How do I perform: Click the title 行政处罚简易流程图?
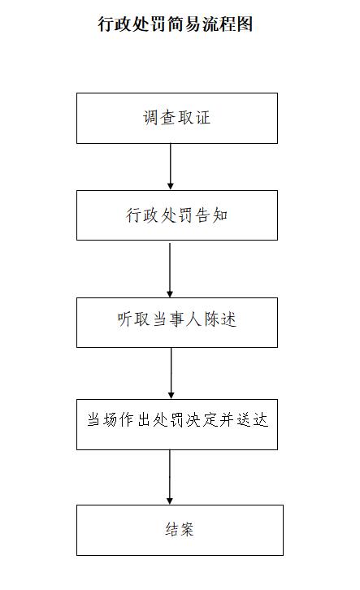(x=176, y=24)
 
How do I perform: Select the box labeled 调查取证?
(x=177, y=118)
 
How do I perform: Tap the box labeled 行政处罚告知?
(x=177, y=215)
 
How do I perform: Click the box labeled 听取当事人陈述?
(x=177, y=323)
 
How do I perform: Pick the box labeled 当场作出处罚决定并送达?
(x=177, y=424)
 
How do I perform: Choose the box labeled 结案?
(x=180, y=530)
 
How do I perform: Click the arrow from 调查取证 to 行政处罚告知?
(x=171, y=167)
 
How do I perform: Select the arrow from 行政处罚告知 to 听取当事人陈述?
(x=170, y=270)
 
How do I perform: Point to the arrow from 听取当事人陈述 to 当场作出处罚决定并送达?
(x=171, y=373)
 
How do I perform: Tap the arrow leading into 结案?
(x=170, y=477)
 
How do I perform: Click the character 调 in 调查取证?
(x=150, y=117)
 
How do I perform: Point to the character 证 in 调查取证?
(x=203, y=117)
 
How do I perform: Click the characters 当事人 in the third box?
(x=177, y=319)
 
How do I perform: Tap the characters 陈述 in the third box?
(x=220, y=319)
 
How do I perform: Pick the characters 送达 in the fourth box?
(x=253, y=420)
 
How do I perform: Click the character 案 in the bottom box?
(x=187, y=529)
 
